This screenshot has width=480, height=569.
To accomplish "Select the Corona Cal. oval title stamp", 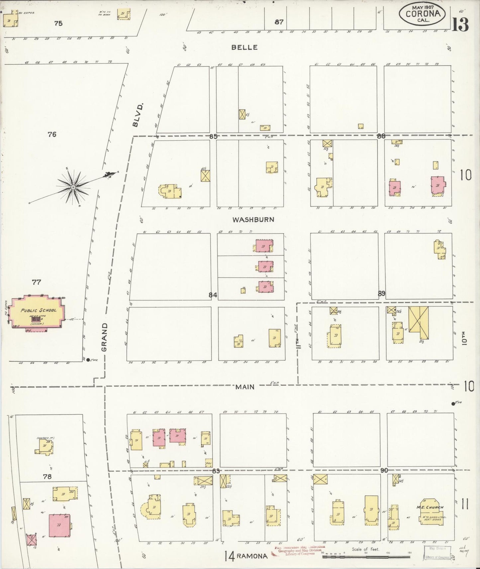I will pos(423,14).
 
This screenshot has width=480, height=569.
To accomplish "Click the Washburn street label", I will pos(253,219).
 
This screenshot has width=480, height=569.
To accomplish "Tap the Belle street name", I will pos(244,47).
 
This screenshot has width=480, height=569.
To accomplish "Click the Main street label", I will pos(245,387).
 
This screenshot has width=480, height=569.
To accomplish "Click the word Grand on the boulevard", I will pos(104,337).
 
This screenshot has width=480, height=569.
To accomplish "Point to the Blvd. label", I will pos(138,115).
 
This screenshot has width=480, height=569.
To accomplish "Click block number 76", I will pos(52,134).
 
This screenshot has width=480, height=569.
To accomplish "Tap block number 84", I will pos(213,294).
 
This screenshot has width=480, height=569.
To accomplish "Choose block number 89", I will pos(381,293).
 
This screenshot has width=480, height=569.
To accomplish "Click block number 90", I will pos(384,470).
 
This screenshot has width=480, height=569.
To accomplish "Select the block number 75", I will pos(58,23).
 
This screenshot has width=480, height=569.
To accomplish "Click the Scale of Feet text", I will pos(365,549).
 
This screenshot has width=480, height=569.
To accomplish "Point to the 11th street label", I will pos(298,342).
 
